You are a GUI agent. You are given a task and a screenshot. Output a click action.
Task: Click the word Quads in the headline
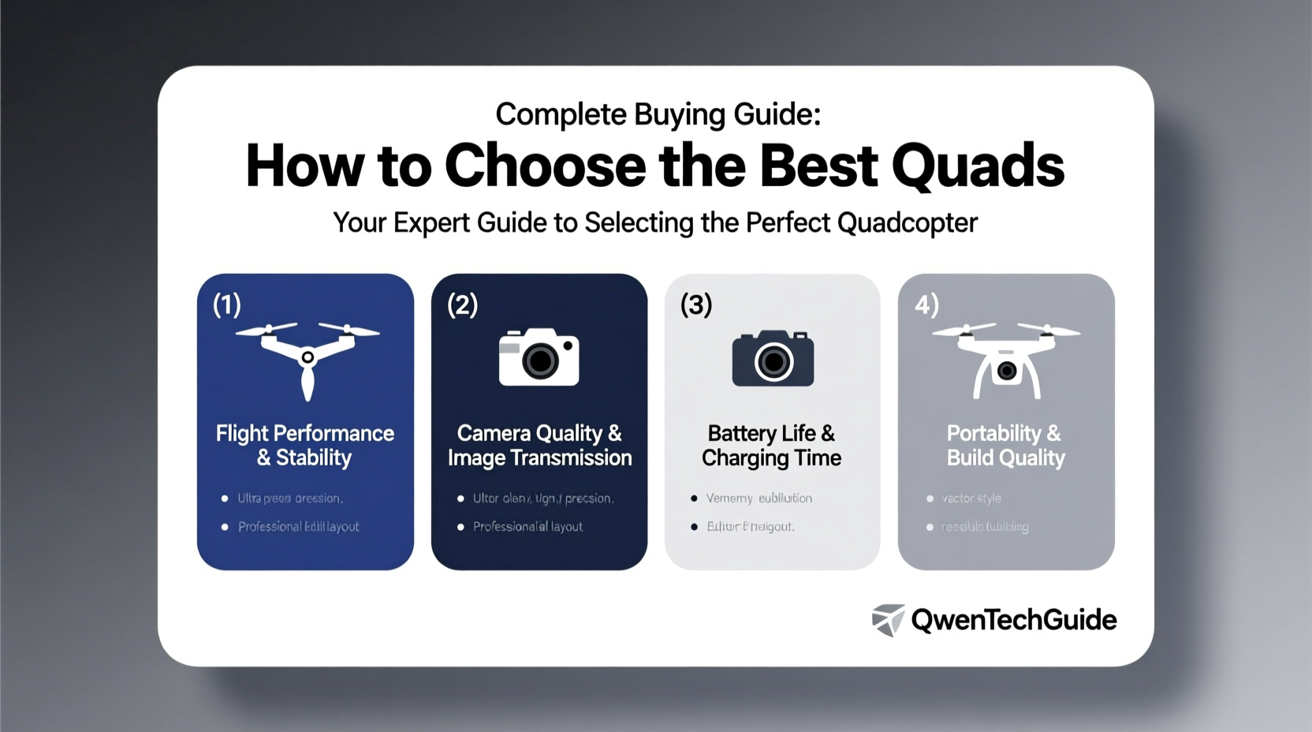(x=978, y=167)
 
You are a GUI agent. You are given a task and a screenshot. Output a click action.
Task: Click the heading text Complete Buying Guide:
(x=658, y=114)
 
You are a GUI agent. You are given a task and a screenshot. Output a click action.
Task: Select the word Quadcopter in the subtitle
(x=907, y=222)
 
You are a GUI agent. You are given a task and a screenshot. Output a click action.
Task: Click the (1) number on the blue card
(x=227, y=304)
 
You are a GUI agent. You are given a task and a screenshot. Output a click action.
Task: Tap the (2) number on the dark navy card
(x=462, y=304)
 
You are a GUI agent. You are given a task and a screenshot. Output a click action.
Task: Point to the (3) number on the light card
(x=696, y=304)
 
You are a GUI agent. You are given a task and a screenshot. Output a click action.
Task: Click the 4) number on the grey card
(x=926, y=304)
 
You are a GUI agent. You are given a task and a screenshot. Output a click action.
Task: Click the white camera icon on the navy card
(x=539, y=357)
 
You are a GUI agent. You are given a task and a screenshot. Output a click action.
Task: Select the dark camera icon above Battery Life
(x=773, y=358)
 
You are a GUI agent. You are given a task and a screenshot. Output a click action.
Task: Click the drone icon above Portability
(x=1006, y=359)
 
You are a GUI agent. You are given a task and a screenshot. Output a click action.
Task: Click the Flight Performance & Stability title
(x=305, y=445)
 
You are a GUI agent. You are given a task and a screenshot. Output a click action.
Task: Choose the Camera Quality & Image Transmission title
(x=539, y=445)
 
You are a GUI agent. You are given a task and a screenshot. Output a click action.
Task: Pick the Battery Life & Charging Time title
(x=772, y=445)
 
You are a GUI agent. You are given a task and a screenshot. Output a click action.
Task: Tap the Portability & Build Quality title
(x=1005, y=445)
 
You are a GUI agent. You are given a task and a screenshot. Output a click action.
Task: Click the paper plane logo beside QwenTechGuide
(x=888, y=620)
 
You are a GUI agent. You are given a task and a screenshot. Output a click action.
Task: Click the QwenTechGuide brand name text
(x=1014, y=620)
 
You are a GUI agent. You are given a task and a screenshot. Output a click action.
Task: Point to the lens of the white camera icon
(x=541, y=361)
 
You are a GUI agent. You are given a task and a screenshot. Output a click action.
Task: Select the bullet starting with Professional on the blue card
(x=298, y=526)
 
